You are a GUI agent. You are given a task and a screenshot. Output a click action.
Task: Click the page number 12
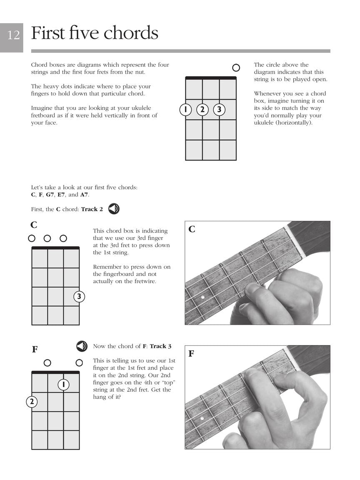13,35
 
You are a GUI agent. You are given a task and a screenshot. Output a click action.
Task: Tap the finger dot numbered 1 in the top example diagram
185,110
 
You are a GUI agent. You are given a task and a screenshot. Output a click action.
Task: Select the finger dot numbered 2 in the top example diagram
202,110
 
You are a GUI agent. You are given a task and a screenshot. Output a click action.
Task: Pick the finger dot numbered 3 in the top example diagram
219,110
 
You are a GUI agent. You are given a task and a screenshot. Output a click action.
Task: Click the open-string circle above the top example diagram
236,68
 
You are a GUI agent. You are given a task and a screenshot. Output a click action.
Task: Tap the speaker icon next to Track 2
114,209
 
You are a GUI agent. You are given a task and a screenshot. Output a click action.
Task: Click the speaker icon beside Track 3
82,346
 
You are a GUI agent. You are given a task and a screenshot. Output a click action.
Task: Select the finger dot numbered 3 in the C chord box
79,297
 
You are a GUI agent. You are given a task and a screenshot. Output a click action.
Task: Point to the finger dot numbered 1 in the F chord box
63,384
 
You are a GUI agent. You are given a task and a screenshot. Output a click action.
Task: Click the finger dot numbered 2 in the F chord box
32,402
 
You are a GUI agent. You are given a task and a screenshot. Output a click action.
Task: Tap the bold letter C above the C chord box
34,225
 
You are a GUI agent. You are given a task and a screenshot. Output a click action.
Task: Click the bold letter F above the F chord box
35,350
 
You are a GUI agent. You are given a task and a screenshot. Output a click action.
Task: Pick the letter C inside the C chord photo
192,229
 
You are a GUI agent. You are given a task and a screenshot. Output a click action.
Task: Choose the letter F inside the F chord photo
191,354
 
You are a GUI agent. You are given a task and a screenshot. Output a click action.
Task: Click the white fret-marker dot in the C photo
202,297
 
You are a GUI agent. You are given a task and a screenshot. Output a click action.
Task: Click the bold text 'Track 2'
92,209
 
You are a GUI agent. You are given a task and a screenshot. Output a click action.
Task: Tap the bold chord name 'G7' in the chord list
50,195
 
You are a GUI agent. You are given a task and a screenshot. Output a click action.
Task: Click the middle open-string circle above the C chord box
47,238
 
